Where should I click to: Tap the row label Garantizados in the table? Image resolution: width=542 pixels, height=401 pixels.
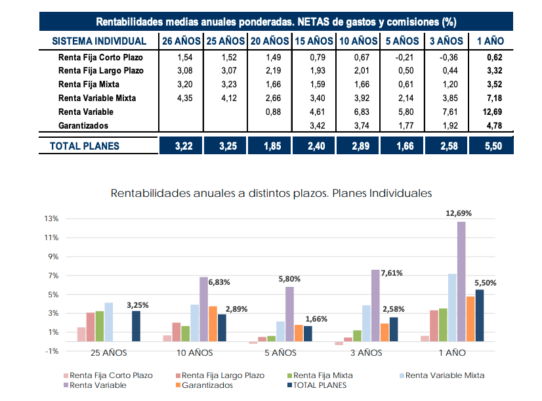pyautogui.click(x=83, y=125)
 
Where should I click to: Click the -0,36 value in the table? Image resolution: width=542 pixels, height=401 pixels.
pyautogui.click(x=446, y=57)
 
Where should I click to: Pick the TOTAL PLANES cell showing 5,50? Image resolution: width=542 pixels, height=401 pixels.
pyautogui.click(x=490, y=146)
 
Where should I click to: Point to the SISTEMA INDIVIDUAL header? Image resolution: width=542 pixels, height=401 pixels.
pyautogui.click(x=99, y=41)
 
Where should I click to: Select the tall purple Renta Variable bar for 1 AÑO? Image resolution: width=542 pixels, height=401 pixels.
pyautogui.click(x=461, y=282)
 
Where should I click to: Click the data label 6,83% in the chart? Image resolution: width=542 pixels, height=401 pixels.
pyautogui.click(x=220, y=282)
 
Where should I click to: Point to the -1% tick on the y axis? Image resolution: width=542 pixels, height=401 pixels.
pyautogui.click(x=51, y=351)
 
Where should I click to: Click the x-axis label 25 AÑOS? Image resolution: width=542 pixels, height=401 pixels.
pyautogui.click(x=109, y=352)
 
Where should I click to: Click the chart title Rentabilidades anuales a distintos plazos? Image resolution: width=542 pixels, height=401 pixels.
pyautogui.click(x=271, y=194)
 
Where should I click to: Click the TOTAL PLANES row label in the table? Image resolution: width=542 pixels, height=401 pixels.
pyautogui.click(x=85, y=146)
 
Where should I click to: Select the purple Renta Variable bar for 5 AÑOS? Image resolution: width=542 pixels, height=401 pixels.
pyautogui.click(x=289, y=314)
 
